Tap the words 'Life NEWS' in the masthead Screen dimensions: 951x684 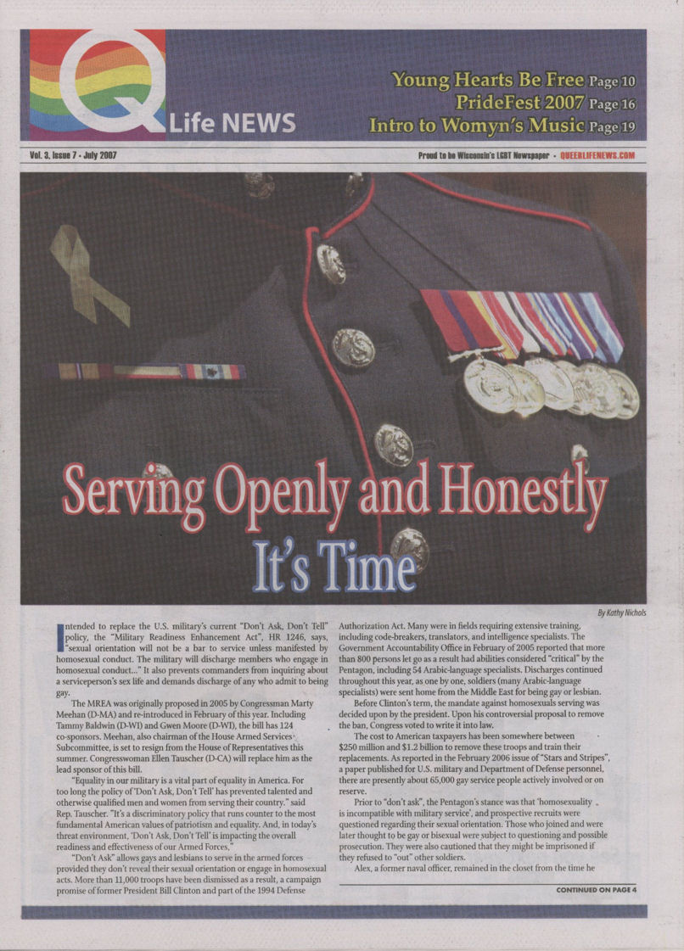232,124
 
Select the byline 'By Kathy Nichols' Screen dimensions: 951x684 621,613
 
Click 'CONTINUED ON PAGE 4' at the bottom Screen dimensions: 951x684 596,890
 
